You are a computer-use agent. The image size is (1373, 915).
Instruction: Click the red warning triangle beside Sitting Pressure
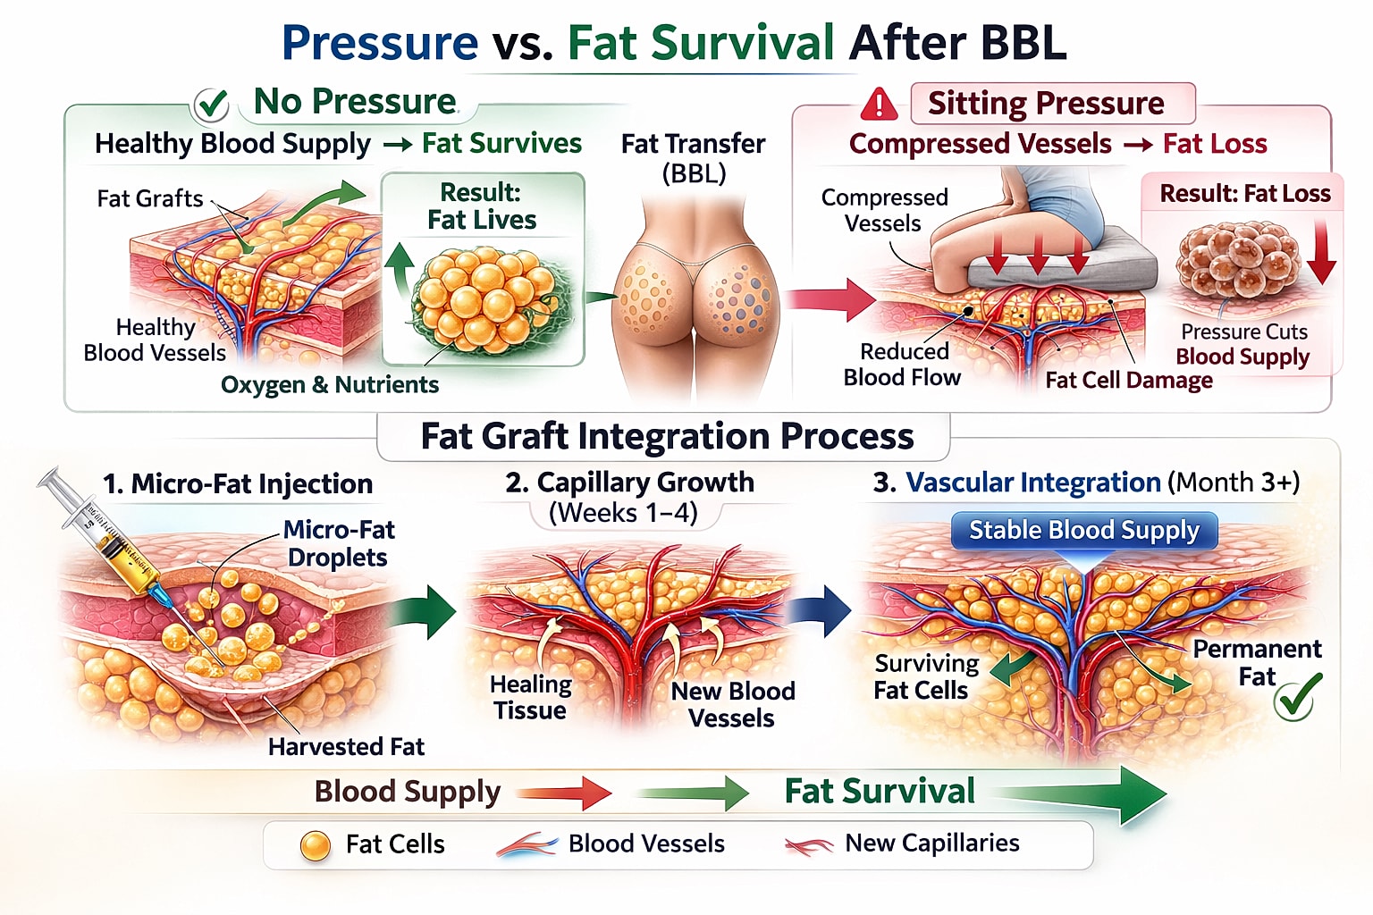pos(879,105)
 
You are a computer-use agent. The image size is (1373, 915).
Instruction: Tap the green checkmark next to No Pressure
pos(212,105)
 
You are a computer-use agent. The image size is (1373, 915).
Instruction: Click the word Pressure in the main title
pos(380,42)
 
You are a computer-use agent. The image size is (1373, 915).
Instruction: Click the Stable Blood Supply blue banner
pos(1083,530)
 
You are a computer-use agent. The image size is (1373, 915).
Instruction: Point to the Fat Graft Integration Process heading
pos(667,436)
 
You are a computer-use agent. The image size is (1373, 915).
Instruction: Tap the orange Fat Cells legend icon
pos(316,845)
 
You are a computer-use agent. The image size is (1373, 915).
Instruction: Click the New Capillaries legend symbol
pos(808,844)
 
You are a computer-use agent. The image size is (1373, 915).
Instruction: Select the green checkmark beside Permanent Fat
pos(1296,697)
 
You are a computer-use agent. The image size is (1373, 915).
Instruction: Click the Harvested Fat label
pos(346,746)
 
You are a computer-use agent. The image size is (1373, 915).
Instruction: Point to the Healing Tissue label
pos(530,697)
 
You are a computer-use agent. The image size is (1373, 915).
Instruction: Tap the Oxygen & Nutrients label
pos(330,384)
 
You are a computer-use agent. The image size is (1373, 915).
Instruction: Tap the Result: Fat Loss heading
pos(1244,193)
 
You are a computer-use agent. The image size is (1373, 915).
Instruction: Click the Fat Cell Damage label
pos(1128,380)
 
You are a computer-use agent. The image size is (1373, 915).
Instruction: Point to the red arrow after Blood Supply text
pos(565,792)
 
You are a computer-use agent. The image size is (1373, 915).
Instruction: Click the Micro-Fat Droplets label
pos(338,543)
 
